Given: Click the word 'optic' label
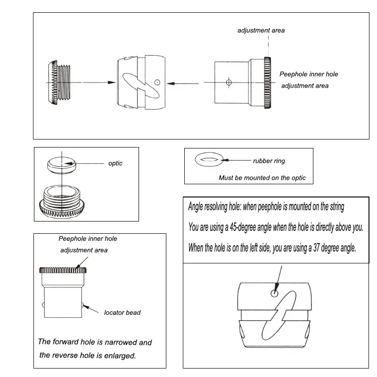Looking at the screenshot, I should [x=115, y=164].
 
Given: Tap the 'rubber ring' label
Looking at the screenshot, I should [x=269, y=161].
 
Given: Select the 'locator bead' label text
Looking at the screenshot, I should [x=122, y=312].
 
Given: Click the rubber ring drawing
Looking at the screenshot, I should [x=206, y=160].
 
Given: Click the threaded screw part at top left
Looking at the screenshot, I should [x=59, y=82].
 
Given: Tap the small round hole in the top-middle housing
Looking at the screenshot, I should [x=157, y=82].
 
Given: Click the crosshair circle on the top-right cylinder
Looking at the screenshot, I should [x=229, y=82].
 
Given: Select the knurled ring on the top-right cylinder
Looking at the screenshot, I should [x=268, y=82].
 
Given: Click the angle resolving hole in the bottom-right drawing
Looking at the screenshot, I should [x=274, y=293].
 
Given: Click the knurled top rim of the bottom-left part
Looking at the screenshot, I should [x=64, y=270].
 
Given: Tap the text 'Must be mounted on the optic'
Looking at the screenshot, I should [x=262, y=178].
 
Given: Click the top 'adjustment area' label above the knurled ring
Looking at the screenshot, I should [x=261, y=31].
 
